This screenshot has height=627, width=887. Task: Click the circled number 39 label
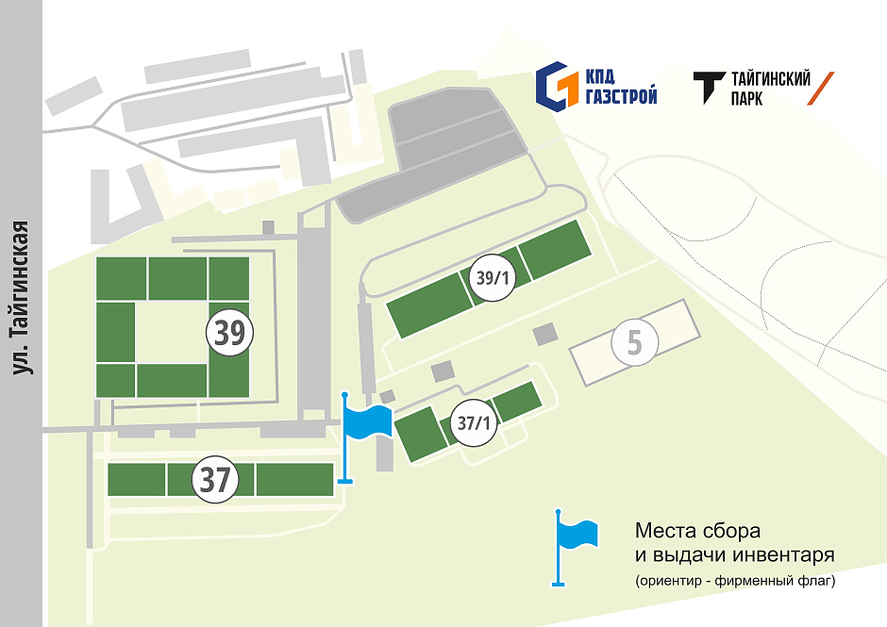[230, 332]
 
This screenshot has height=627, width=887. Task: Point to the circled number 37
[215, 480]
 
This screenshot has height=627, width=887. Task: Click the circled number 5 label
[635, 344]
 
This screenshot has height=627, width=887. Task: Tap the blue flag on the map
[366, 421]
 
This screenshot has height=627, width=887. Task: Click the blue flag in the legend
[576, 536]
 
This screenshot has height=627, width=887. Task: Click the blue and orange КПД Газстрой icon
[556, 86]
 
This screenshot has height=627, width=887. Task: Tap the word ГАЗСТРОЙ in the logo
[619, 96]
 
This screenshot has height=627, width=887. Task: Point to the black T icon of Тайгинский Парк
[709, 88]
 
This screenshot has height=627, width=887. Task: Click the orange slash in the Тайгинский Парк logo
[821, 88]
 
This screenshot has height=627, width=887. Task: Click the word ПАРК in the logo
[746, 98]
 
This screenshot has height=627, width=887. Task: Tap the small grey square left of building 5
[545, 334]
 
